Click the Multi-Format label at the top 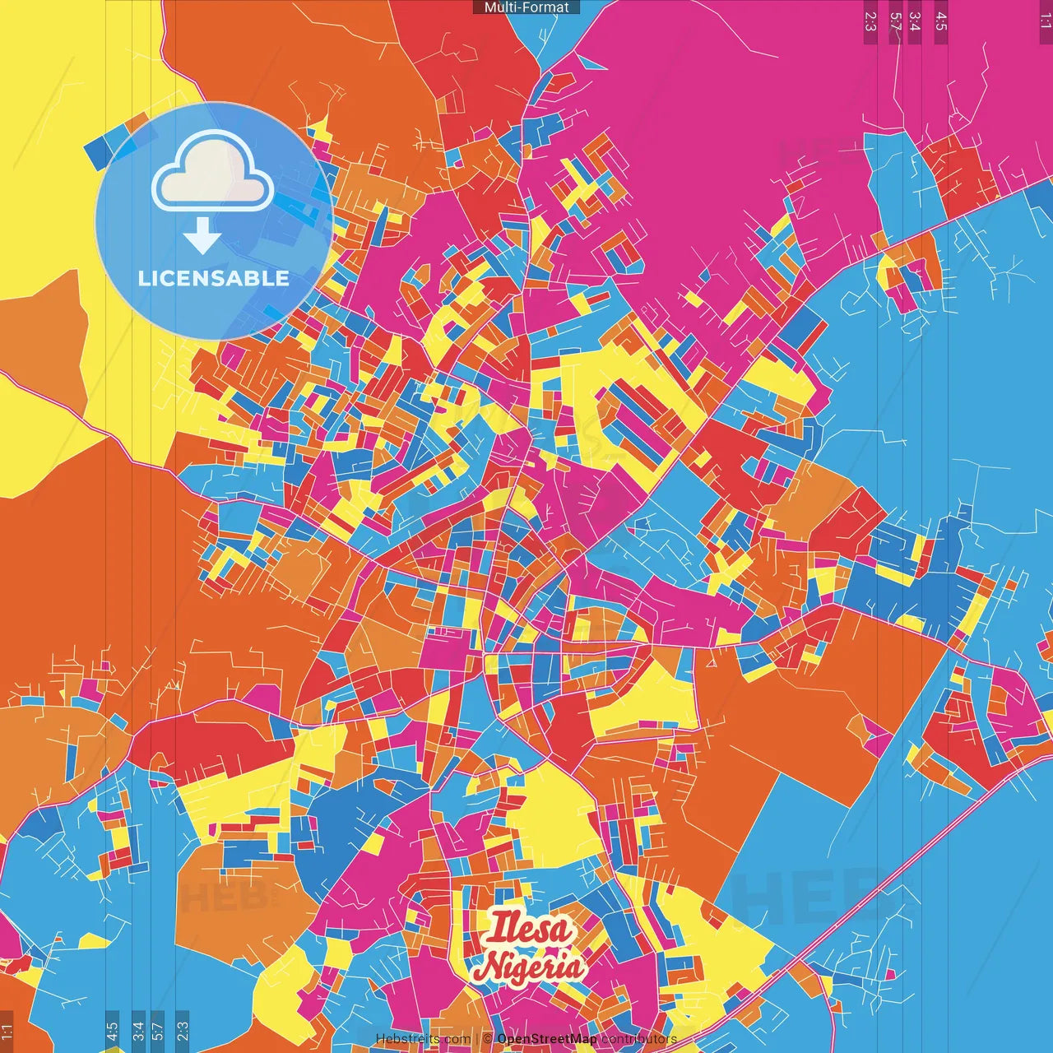526,7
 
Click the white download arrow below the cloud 202,236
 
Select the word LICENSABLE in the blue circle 214,278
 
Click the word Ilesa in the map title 528,929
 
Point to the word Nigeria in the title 531,967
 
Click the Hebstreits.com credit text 423,1039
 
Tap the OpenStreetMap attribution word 547,1039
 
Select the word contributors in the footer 639,1039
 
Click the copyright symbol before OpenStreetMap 488,1039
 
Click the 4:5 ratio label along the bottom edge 112,1032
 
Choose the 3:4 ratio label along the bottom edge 138,1032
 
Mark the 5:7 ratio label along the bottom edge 157,1032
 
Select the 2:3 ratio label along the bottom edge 183,1032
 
